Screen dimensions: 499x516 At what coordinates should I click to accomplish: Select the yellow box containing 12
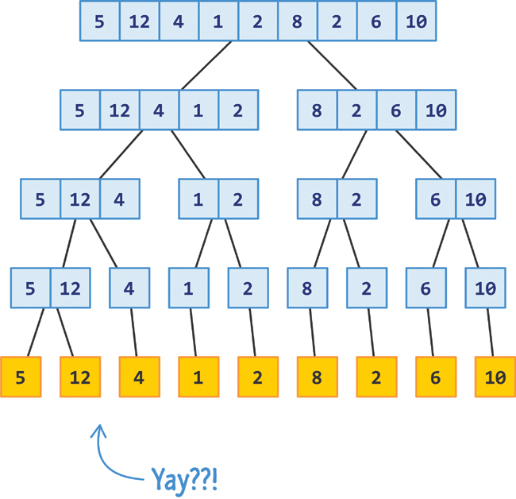(x=80, y=377)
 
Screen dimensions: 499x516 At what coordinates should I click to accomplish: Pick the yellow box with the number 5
(x=21, y=377)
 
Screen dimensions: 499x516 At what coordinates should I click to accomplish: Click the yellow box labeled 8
(x=317, y=377)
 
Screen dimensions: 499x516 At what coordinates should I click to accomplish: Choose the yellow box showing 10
(x=495, y=377)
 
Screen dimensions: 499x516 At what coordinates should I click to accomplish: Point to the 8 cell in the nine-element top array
(x=297, y=21)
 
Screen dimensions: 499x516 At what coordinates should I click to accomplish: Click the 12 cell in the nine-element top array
(x=139, y=21)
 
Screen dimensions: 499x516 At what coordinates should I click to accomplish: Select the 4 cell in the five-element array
(x=159, y=110)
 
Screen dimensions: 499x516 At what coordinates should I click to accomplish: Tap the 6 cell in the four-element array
(x=396, y=110)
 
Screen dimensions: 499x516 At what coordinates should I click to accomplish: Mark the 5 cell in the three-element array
(x=40, y=199)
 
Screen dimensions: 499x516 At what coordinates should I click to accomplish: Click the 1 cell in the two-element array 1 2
(x=198, y=199)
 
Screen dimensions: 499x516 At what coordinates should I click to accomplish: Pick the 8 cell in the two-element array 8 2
(x=317, y=199)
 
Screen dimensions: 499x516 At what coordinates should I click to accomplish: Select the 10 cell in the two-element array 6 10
(x=476, y=199)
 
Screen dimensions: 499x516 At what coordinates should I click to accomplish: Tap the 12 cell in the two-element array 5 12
(x=70, y=288)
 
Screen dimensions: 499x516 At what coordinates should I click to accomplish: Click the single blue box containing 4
(x=129, y=288)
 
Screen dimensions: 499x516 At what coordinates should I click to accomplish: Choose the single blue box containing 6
(x=426, y=288)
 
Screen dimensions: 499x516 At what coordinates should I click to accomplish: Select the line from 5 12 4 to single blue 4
(x=104, y=242)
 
